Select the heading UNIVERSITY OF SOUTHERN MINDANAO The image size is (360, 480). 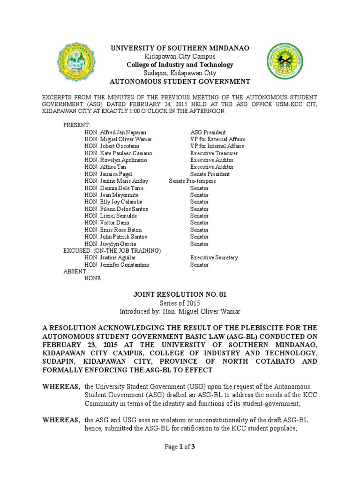pyautogui.click(x=180, y=48)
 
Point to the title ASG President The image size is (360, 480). pyautogui.click(x=208, y=133)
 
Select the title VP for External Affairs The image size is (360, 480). pyautogui.click(x=217, y=139)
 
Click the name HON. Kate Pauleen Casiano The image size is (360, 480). pyautogui.click(x=118, y=153)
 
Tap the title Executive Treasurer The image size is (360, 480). pyautogui.click(x=214, y=153)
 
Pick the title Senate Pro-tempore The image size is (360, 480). pyautogui.click(x=192, y=181)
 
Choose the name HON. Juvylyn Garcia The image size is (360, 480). pyautogui.click(x=111, y=244)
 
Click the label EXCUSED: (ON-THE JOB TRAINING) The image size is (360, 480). pyautogui.click(x=112, y=251)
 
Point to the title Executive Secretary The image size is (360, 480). pyautogui.click(x=214, y=258)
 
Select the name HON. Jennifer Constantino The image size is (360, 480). pyautogui.click(x=117, y=265)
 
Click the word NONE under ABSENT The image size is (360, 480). pyautogui.click(x=92, y=278)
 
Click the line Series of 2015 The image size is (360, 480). pyautogui.click(x=180, y=303)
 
